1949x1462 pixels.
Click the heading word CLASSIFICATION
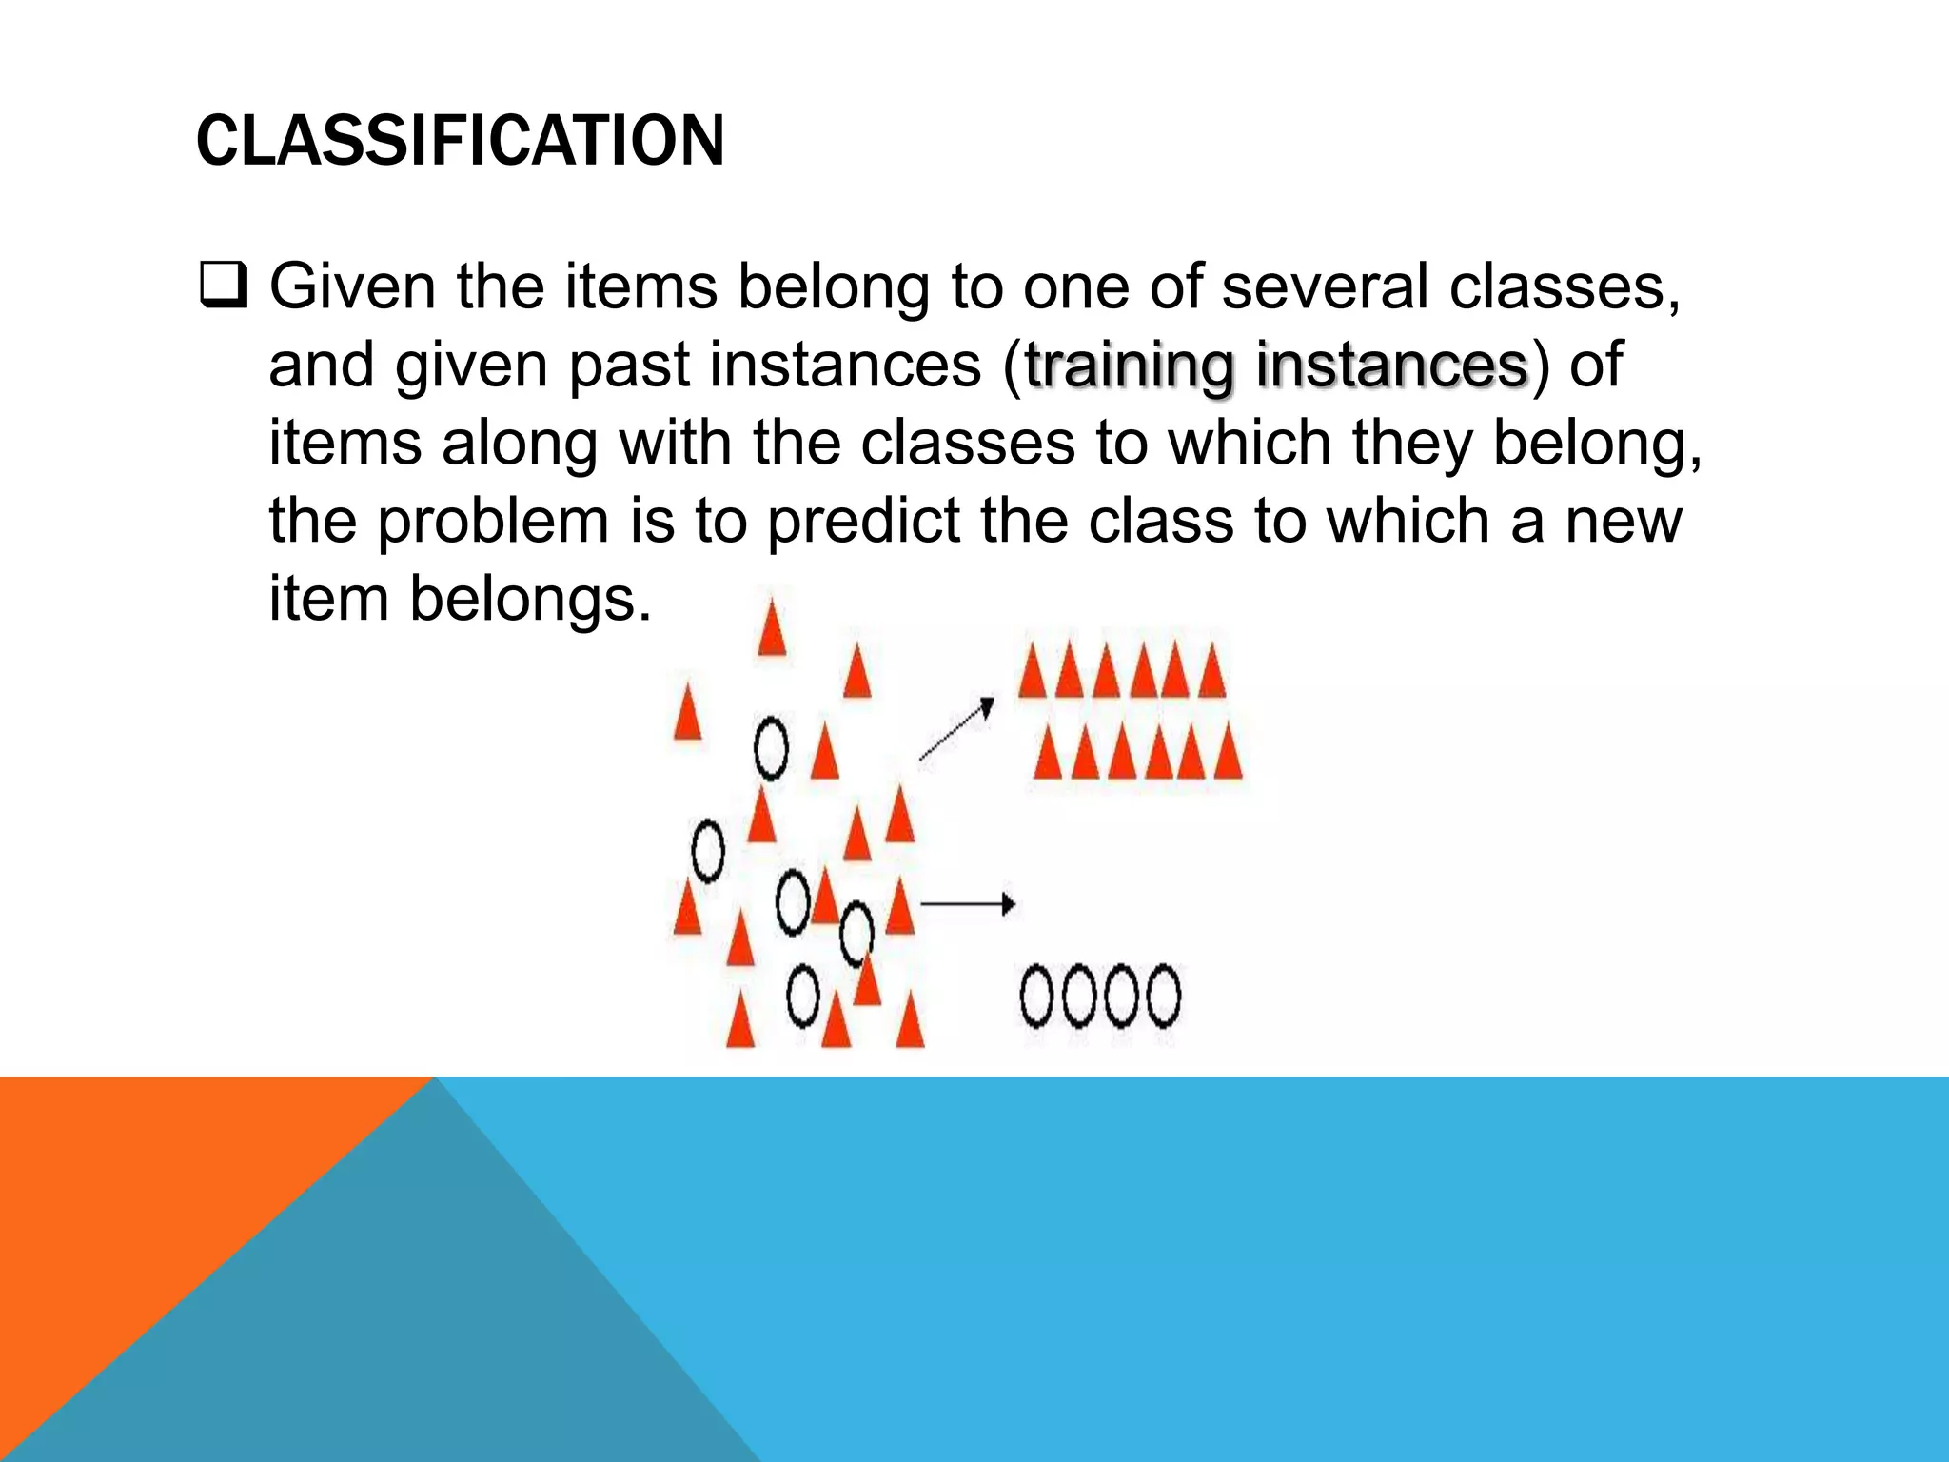coord(460,141)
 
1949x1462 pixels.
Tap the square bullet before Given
coord(224,286)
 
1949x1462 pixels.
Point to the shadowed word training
coord(1131,365)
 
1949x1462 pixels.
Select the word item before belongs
coord(329,600)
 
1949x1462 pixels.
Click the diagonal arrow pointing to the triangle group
coord(957,729)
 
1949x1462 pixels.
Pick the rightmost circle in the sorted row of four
coord(1163,997)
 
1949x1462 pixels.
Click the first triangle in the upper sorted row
coord(1033,672)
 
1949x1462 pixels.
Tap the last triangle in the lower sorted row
coord(1229,753)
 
